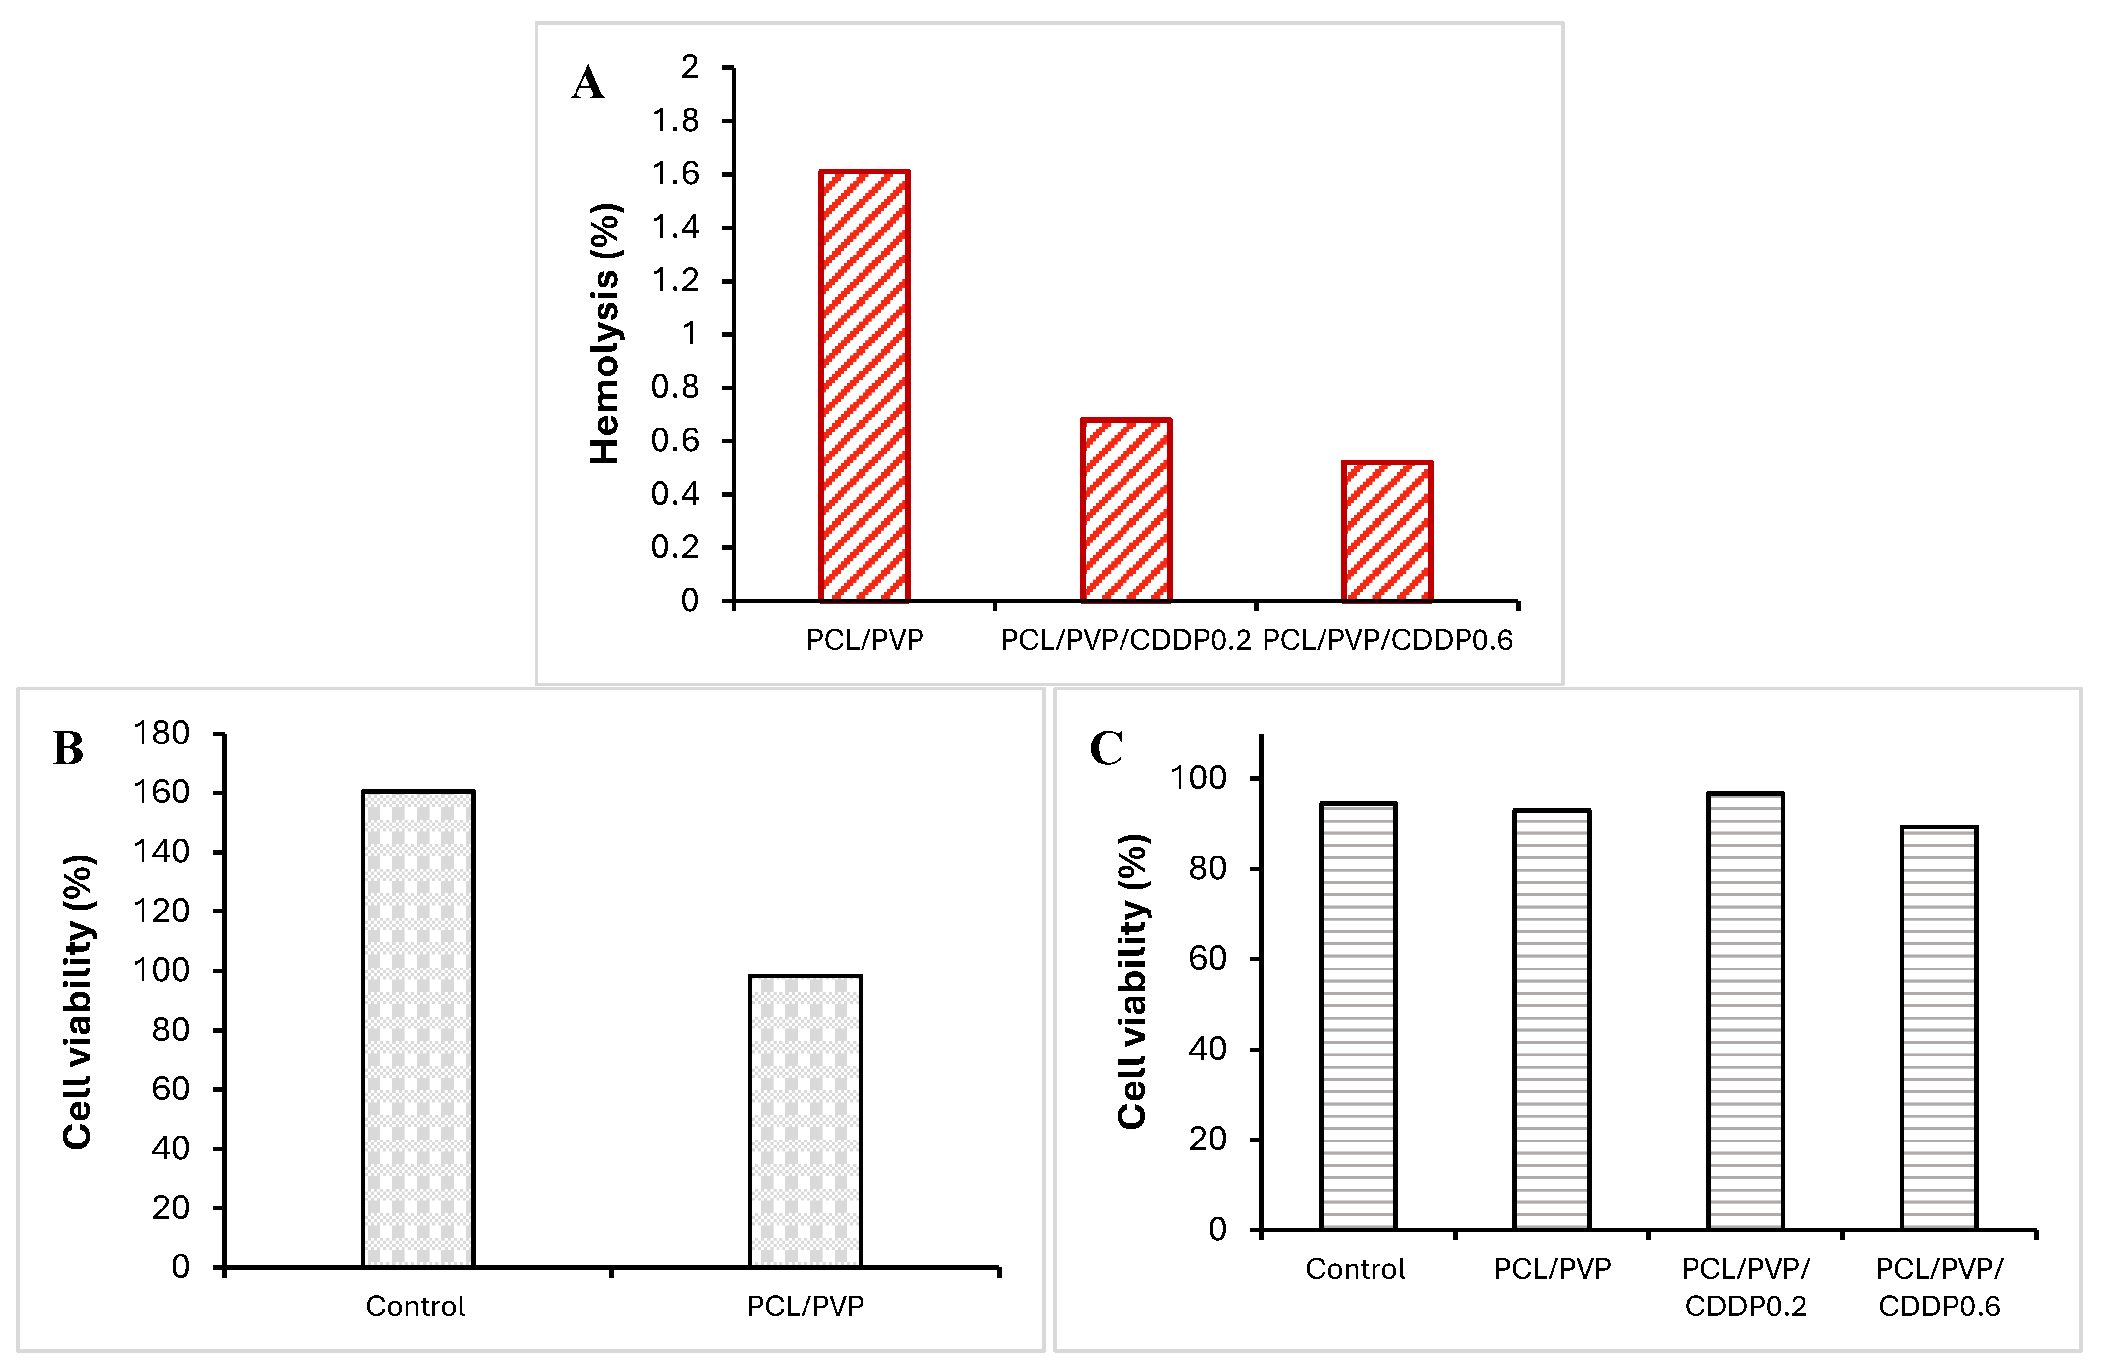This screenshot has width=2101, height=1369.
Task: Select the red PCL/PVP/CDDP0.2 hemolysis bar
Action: pyautogui.click(x=1125, y=510)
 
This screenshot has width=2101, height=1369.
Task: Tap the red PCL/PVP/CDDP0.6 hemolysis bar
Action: pyautogui.click(x=1387, y=531)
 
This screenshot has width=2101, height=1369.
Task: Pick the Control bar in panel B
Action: pyautogui.click(x=418, y=1029)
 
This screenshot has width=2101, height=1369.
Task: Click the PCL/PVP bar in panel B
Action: pyautogui.click(x=805, y=1121)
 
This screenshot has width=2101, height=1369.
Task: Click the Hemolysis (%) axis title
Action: pyautogui.click(x=605, y=334)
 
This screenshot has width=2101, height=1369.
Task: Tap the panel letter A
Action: pyautogui.click(x=588, y=84)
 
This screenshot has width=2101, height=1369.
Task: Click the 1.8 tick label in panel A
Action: pyautogui.click(x=675, y=121)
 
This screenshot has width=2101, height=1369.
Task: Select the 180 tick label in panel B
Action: pyautogui.click(x=162, y=734)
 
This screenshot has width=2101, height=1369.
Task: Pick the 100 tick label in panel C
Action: pyautogui.click(x=1198, y=778)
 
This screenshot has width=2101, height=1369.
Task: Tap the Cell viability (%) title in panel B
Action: pyautogui.click(x=79, y=1002)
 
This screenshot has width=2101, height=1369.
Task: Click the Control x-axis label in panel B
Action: pyautogui.click(x=415, y=1306)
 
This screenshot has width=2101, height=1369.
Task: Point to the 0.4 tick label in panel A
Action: pyautogui.click(x=675, y=494)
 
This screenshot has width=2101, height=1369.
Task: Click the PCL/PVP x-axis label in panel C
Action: pyautogui.click(x=1552, y=1269)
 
